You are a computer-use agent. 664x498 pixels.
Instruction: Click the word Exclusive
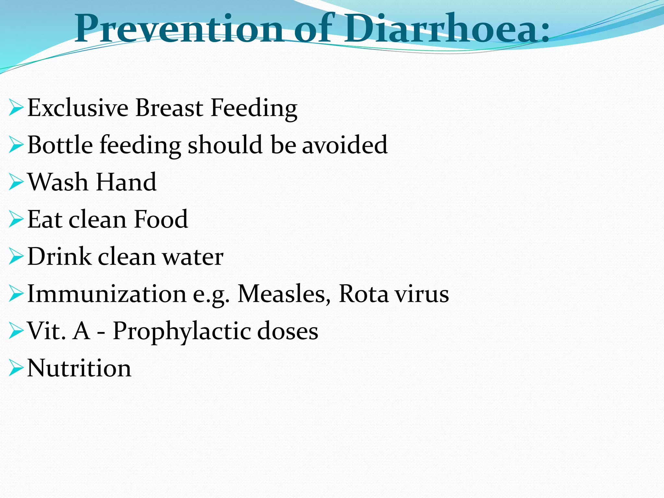click(x=78, y=108)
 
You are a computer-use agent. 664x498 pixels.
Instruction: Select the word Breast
click(x=169, y=108)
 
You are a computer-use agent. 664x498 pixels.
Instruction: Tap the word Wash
click(x=58, y=182)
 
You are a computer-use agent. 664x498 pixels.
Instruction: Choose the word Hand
click(x=126, y=182)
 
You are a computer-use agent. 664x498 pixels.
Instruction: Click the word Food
click(x=161, y=219)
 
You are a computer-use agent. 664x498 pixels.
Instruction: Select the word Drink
click(x=59, y=256)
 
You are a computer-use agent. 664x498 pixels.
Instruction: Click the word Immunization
click(x=107, y=294)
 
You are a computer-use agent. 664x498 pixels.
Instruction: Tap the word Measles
click(x=281, y=294)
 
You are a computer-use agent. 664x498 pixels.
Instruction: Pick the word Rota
click(x=363, y=294)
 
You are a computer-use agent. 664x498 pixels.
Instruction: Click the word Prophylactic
click(x=181, y=331)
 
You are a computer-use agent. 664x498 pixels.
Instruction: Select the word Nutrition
click(x=79, y=368)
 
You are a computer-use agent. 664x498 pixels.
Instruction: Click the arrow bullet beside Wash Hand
click(x=16, y=182)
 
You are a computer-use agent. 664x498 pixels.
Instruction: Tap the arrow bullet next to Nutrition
click(x=16, y=368)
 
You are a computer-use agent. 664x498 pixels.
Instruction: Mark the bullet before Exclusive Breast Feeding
click(x=16, y=108)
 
